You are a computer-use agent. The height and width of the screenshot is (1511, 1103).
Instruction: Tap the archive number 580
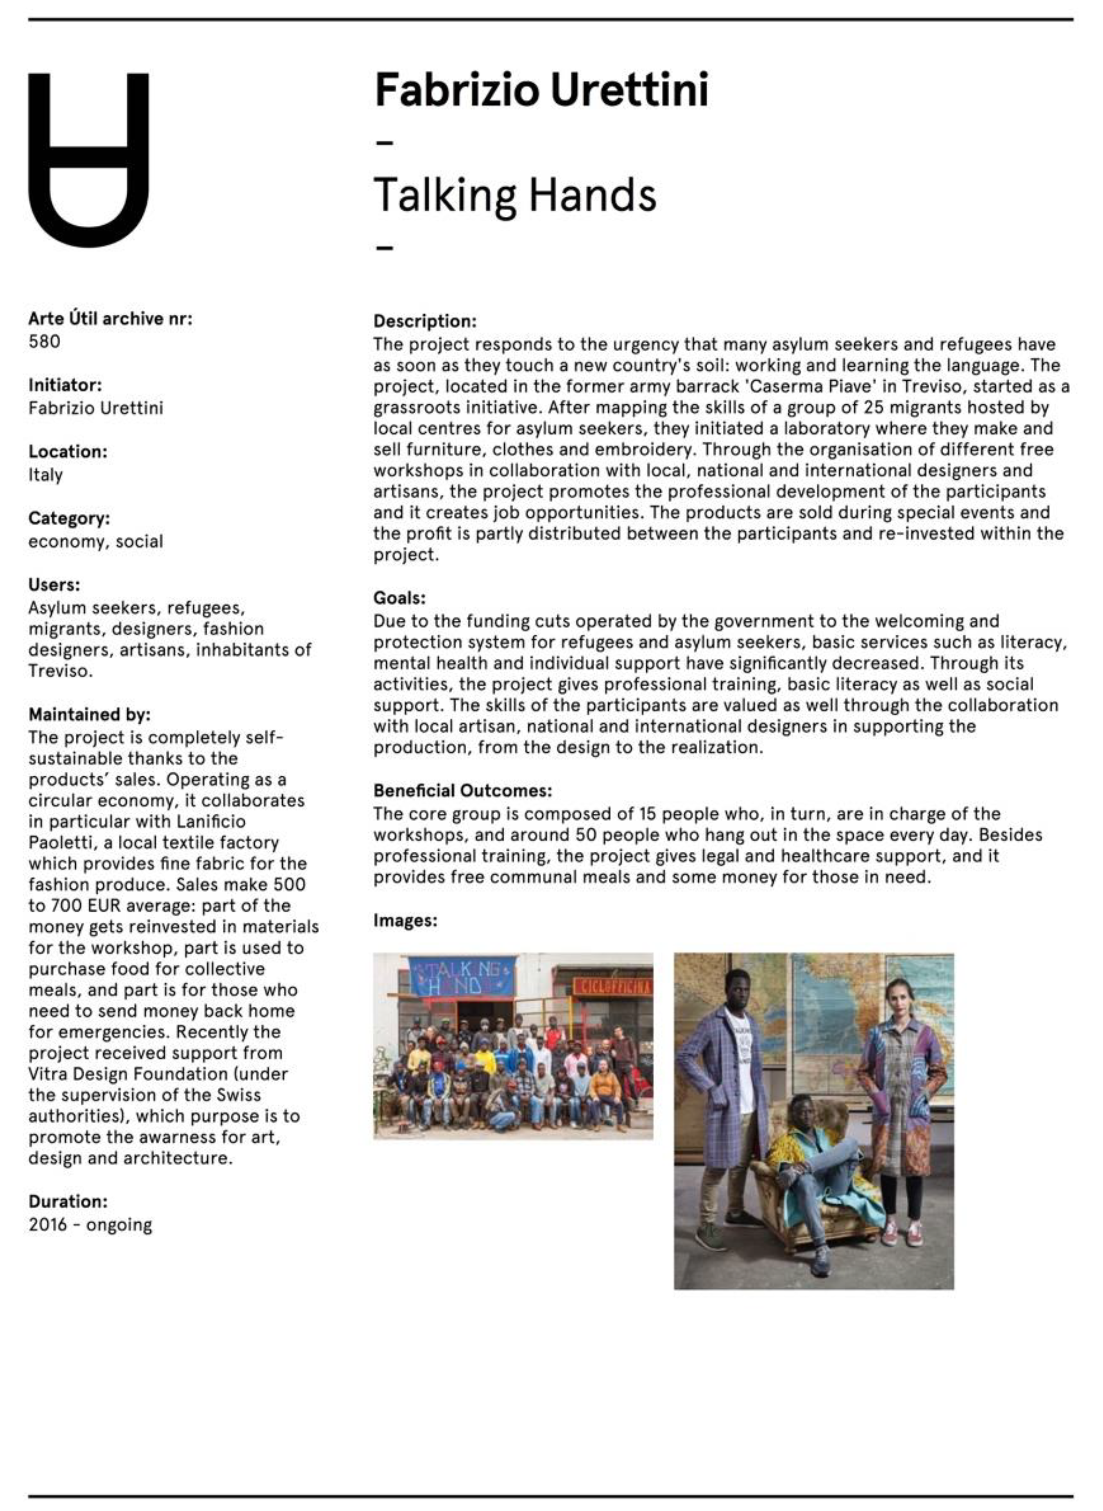point(44,342)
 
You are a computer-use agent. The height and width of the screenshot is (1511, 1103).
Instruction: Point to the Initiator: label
point(65,385)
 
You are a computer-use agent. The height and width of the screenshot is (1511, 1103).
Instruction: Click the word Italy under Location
point(45,475)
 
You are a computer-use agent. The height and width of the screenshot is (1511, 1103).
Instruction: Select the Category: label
point(69,518)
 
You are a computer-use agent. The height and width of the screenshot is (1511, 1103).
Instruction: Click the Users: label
point(54,585)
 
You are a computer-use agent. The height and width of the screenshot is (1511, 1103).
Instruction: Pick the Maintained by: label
point(89,715)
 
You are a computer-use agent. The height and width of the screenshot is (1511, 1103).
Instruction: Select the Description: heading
point(425,321)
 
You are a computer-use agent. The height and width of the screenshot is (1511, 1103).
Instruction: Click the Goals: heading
point(399,598)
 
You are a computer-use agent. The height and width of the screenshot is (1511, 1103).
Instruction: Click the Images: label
point(405,920)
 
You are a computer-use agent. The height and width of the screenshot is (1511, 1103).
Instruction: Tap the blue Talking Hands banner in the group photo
point(461,976)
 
